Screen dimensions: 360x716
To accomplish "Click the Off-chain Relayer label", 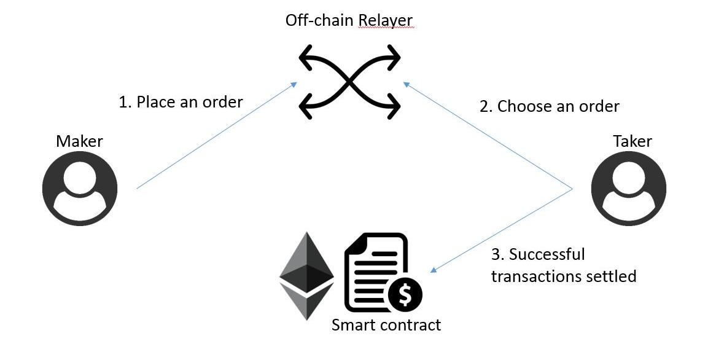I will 349,20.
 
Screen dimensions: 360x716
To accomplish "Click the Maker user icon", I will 80,187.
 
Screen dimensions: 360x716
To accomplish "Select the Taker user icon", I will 628,187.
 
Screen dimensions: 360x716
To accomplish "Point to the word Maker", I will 79,141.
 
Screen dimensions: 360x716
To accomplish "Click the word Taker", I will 632,141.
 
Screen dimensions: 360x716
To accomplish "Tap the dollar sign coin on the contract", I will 405,294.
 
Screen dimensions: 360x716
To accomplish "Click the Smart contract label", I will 386,324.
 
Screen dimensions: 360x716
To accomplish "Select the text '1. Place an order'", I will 181,101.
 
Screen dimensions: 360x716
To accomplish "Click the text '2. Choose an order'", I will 549,106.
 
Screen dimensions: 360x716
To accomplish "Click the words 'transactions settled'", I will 563,276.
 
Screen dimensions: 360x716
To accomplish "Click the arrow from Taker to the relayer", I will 488,136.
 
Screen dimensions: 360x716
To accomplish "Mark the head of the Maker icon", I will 80,176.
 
